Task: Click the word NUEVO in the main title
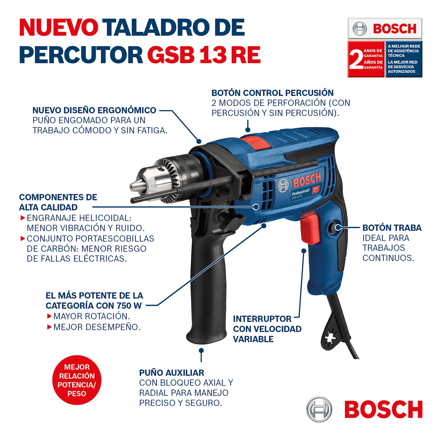[x=58, y=27]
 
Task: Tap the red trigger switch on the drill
[x=310, y=228]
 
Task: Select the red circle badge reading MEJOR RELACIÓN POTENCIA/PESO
[x=77, y=380]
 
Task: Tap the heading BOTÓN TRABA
[x=392, y=228]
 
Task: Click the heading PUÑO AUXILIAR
[x=171, y=373]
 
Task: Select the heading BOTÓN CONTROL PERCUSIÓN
[x=272, y=93]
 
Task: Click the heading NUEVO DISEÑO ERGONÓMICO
[x=94, y=110]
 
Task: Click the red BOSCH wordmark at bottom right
[x=383, y=409]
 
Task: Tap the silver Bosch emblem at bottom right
[x=319, y=409]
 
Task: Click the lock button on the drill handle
[x=337, y=227]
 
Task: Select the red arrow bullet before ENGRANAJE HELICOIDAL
[x=23, y=218]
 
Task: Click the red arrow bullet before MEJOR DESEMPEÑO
[x=49, y=327]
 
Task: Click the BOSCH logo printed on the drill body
[x=306, y=181]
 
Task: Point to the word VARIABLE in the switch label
[x=253, y=339]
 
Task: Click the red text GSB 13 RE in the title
[x=204, y=55]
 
